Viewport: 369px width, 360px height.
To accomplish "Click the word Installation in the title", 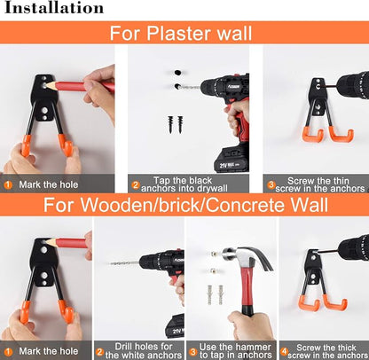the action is coord(54,8).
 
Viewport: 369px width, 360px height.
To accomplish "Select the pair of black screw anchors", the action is coord(176,124).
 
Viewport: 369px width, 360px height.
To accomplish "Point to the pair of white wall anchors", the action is coord(215,294).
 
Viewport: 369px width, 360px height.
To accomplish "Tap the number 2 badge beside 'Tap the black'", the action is coord(136,185).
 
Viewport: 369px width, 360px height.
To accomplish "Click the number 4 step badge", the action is coord(284,352).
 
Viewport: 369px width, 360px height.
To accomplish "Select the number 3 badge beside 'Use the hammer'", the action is coord(192,352).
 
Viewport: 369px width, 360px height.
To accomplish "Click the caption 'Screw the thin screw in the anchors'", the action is coord(319,184).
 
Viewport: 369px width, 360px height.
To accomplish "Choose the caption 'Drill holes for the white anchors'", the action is coord(144,350).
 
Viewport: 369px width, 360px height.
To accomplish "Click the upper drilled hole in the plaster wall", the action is coord(177,73).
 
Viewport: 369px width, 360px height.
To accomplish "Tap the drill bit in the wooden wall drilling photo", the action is coord(124,262).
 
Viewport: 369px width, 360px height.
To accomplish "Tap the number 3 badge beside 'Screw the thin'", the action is coord(271,185).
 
